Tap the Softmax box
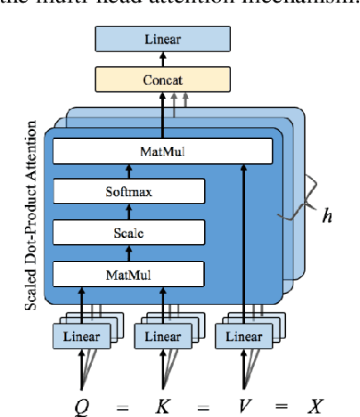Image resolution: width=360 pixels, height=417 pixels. pyautogui.click(x=130, y=191)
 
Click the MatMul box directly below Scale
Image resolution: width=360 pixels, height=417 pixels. pyautogui.click(x=130, y=273)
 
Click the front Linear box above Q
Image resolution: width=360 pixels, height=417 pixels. pyautogui.click(x=86, y=337)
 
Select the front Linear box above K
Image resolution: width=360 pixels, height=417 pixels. pyautogui.click(x=162, y=337)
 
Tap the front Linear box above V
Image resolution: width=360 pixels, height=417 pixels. pyautogui.click(x=242, y=337)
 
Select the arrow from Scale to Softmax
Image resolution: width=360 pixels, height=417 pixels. pyautogui.click(x=130, y=211)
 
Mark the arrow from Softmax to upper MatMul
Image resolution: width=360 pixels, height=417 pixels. pyautogui.click(x=130, y=171)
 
